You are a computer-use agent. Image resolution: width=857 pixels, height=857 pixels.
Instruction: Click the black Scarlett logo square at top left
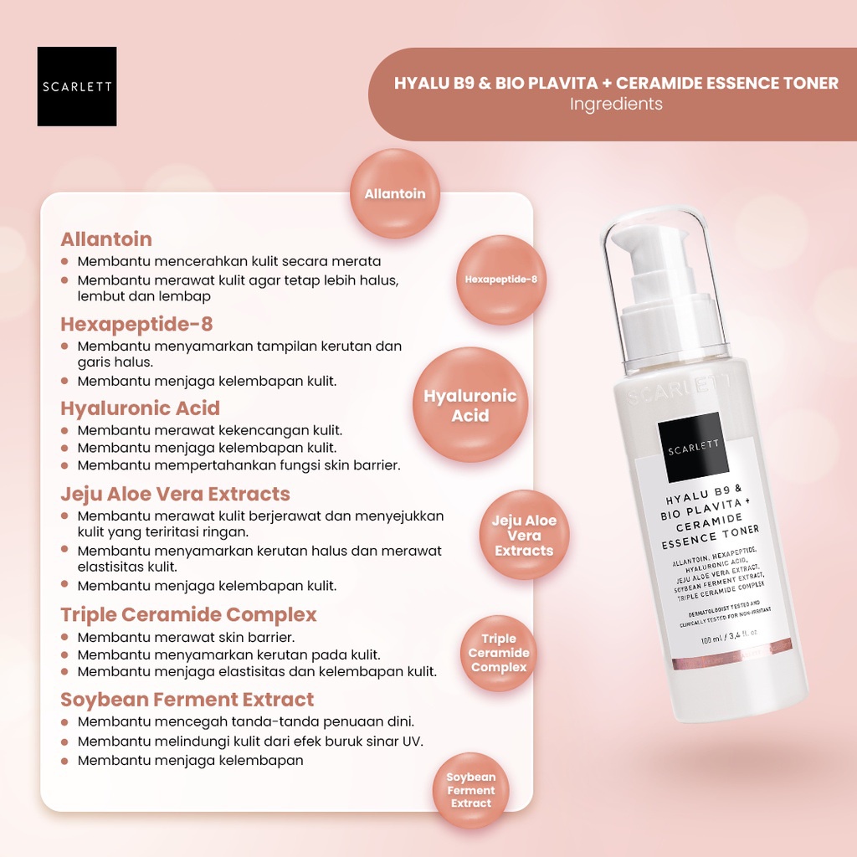77,86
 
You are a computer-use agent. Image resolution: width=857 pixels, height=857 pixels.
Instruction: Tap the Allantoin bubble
395,193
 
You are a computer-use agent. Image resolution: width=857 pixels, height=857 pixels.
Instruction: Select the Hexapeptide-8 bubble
501,280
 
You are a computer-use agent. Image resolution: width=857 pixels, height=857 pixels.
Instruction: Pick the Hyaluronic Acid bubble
470,405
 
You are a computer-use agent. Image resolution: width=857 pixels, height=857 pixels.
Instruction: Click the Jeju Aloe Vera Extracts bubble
524,535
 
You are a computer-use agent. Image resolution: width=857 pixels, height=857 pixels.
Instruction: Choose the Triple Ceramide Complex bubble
499,653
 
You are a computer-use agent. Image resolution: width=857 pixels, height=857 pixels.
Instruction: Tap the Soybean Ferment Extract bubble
470,790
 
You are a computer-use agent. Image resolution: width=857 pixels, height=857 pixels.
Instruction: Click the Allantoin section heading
106,239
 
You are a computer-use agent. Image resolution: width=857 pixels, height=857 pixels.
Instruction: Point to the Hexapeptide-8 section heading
136,324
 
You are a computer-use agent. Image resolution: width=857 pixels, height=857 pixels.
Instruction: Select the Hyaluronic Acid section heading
141,408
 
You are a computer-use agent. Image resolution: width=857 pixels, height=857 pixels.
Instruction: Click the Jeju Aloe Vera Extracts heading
176,494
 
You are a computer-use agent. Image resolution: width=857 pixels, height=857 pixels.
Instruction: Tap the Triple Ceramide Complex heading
188,615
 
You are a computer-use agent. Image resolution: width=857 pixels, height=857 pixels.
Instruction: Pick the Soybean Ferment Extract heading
187,700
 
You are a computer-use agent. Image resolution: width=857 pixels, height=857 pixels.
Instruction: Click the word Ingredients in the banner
616,104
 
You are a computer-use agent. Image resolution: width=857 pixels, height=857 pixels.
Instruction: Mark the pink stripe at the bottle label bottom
731,654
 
